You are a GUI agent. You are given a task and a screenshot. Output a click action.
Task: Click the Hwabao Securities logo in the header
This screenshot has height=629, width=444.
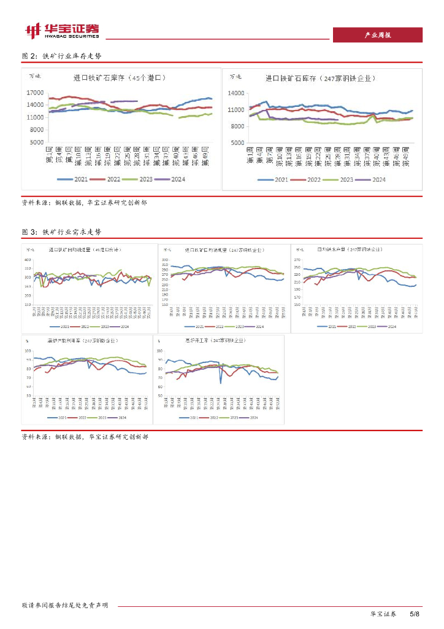click(x=61, y=30)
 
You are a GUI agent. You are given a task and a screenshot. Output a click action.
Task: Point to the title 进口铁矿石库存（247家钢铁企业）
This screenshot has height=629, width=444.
click(x=320, y=79)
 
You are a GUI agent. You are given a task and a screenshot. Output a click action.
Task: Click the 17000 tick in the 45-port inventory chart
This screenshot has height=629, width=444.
click(x=35, y=93)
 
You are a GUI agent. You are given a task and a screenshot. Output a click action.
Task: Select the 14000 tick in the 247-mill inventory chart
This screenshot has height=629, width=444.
click(x=237, y=93)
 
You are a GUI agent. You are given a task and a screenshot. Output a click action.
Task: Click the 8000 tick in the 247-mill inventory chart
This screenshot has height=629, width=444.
click(x=238, y=126)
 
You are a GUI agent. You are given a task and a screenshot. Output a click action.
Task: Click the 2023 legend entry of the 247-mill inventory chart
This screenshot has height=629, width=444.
click(x=340, y=179)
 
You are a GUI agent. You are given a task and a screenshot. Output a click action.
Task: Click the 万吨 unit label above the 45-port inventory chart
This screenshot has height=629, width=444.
click(x=36, y=76)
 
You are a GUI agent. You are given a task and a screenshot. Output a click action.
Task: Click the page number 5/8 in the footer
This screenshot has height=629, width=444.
click(x=415, y=614)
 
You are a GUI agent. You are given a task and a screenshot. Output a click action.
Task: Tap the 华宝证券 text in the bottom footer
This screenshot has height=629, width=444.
click(x=383, y=614)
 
